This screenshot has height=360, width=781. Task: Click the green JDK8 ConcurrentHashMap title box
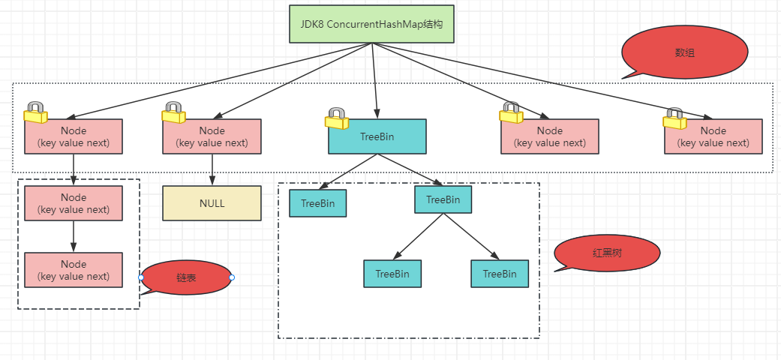(x=371, y=25)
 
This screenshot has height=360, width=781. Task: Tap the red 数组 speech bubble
(x=685, y=54)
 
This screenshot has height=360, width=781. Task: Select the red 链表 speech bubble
(x=185, y=277)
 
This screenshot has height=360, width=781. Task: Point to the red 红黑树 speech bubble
(x=608, y=253)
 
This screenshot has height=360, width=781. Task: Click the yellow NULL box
(x=212, y=203)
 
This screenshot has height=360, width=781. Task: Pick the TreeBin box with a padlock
(x=377, y=137)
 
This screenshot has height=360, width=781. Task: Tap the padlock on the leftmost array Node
(x=35, y=112)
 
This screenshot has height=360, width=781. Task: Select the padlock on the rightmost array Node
(x=674, y=118)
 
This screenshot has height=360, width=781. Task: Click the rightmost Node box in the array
(x=713, y=137)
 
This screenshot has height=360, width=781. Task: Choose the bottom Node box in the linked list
(x=74, y=270)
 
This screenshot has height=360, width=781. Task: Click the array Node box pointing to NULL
(x=212, y=137)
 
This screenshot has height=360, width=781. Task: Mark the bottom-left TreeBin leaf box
(x=392, y=274)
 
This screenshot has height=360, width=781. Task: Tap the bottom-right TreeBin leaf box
(x=500, y=274)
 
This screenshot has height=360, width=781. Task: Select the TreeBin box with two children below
(x=443, y=199)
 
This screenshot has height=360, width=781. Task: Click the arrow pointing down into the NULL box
(x=212, y=171)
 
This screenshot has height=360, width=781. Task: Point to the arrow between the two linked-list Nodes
(x=74, y=237)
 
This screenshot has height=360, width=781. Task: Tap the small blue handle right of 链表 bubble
(x=232, y=277)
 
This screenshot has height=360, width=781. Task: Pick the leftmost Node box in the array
(x=74, y=137)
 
